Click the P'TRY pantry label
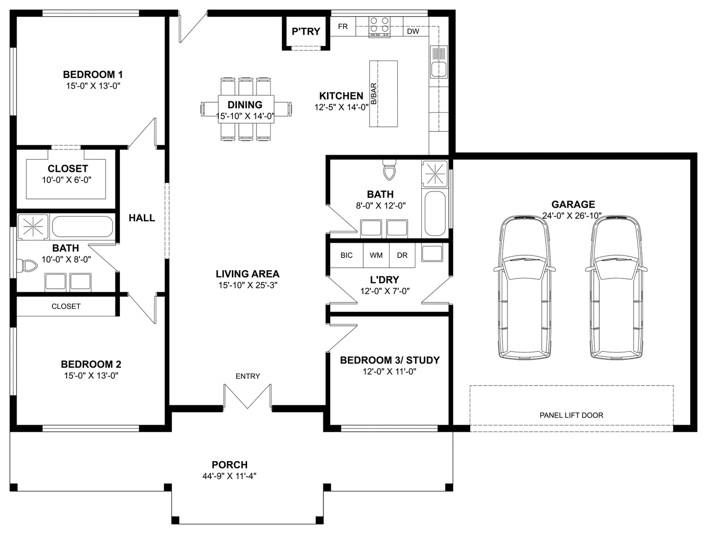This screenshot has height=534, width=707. click(x=306, y=31)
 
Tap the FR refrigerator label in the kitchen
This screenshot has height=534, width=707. click(x=342, y=26)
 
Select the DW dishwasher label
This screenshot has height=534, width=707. click(x=413, y=31)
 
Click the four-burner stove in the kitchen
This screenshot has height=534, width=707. click(x=379, y=27)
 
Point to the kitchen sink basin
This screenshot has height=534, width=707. click(x=438, y=69)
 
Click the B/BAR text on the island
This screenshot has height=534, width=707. click(x=374, y=93)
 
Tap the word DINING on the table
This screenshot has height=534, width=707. click(x=245, y=105)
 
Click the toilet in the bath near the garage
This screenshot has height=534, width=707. click(x=389, y=170)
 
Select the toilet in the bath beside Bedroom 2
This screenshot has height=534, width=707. click(x=27, y=266)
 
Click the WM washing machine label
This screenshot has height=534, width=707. click(x=376, y=255)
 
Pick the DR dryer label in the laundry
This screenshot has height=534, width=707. click(x=402, y=255)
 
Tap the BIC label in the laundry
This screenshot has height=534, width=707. click(x=346, y=255)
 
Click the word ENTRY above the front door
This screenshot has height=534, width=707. click(x=248, y=376)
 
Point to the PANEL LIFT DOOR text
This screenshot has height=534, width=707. click(x=571, y=416)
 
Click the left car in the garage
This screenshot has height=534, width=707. click(x=524, y=287)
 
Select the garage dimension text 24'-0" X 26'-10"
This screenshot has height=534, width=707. click(x=572, y=216)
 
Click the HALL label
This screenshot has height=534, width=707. click(x=142, y=218)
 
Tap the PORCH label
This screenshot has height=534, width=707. click(x=229, y=465)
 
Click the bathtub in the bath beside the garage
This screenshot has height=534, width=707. click(x=435, y=213)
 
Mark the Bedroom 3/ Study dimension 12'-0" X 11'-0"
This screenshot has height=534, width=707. click(x=389, y=371)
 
